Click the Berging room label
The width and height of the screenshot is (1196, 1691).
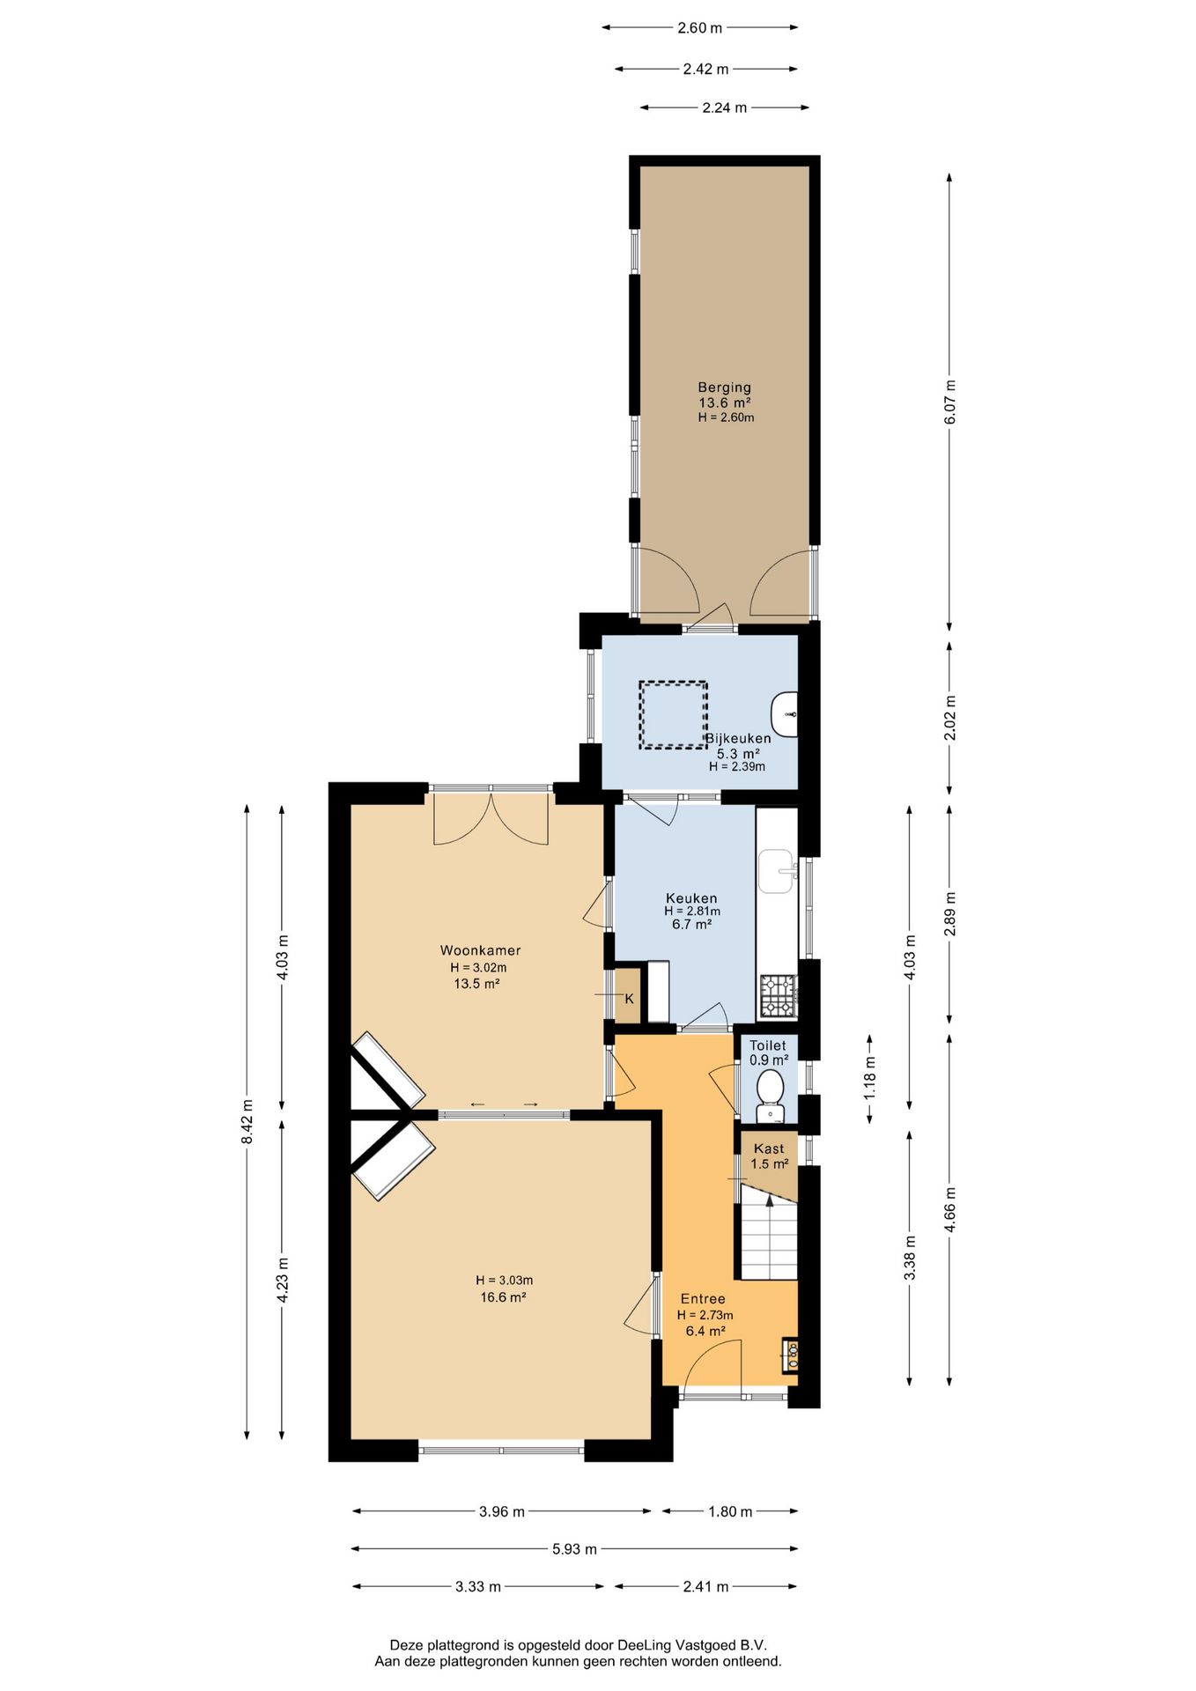(x=724, y=387)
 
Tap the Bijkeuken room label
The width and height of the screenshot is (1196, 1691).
(x=738, y=738)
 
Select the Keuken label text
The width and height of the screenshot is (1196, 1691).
(x=691, y=898)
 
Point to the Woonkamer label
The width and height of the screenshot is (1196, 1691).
(x=480, y=950)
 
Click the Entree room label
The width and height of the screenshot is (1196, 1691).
(x=703, y=1298)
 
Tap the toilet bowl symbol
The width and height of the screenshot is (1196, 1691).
(x=770, y=1089)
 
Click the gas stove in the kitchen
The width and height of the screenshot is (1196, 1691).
(x=778, y=995)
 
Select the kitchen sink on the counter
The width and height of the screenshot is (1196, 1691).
(x=778, y=871)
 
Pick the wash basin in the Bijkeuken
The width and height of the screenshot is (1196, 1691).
(x=785, y=714)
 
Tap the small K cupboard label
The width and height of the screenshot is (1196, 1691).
(x=629, y=999)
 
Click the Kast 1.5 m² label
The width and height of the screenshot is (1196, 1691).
(x=769, y=1156)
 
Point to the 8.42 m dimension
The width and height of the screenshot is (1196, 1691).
(x=247, y=1121)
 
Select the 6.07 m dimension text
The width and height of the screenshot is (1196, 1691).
(x=949, y=402)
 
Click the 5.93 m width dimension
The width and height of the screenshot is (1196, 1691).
(x=574, y=1548)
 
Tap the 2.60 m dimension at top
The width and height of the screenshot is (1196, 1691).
(x=699, y=27)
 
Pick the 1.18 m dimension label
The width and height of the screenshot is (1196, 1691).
(x=870, y=1077)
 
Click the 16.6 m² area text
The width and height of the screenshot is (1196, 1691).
(x=503, y=1296)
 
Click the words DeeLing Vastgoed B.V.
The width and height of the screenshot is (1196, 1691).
(x=692, y=1644)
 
